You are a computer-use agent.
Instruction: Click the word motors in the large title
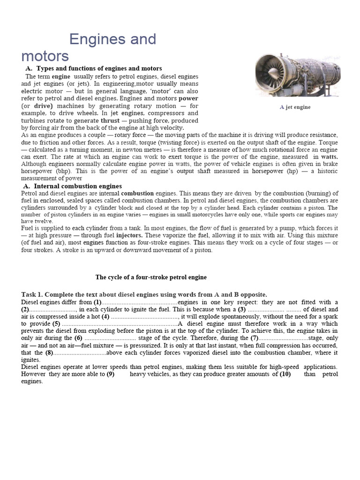(45, 56)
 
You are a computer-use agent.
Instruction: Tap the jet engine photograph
(298, 75)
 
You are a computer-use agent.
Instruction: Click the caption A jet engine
(295, 107)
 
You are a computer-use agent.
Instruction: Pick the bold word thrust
(110, 120)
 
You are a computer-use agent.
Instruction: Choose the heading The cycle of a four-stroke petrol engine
(151, 277)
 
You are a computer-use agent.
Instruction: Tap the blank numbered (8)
(80, 352)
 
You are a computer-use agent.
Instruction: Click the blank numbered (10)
(295, 374)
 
